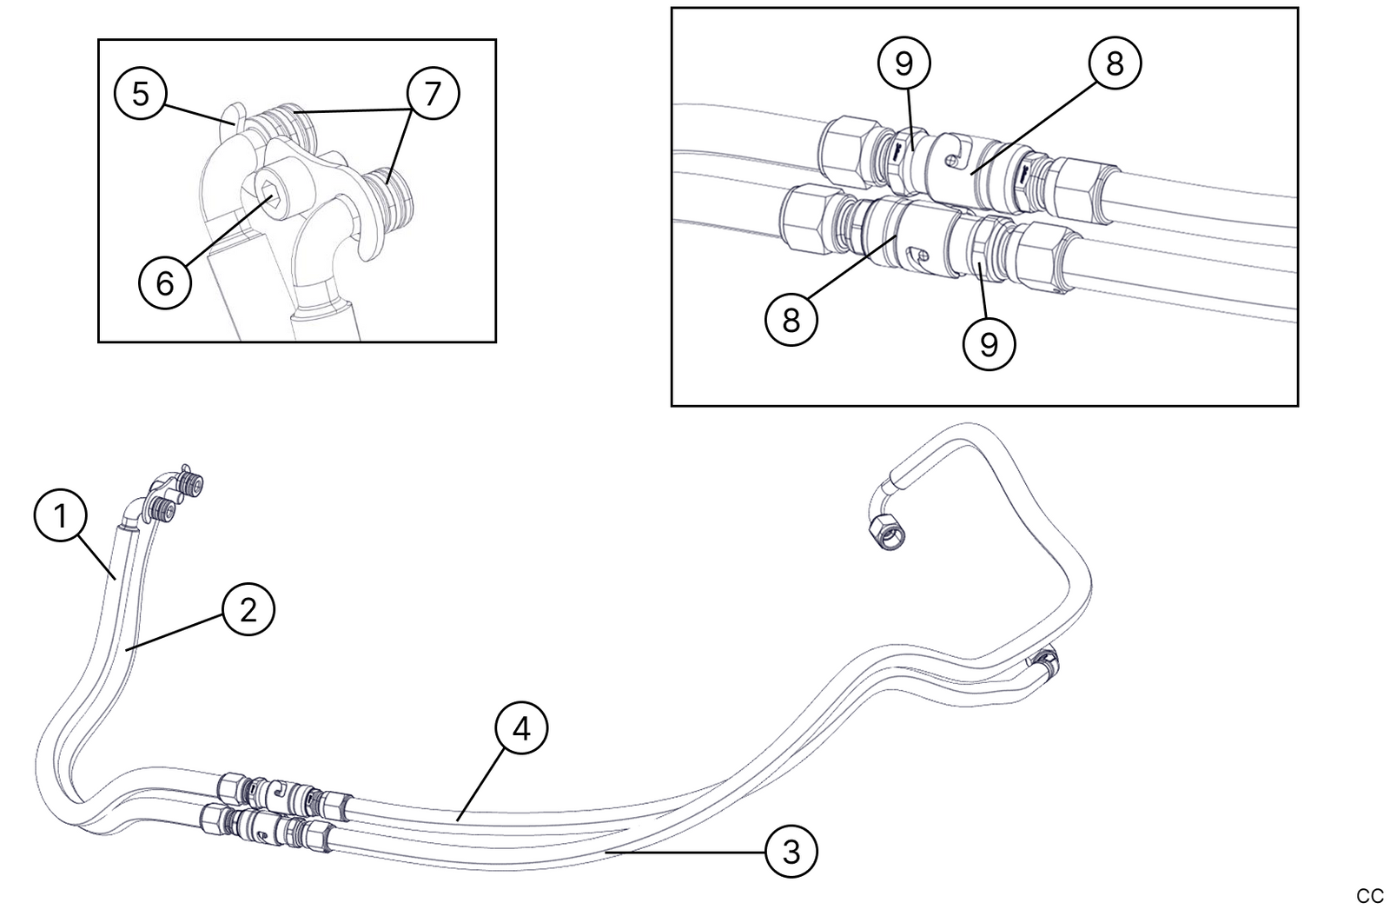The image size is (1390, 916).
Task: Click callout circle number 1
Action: [60, 516]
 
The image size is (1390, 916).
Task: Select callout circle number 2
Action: [248, 610]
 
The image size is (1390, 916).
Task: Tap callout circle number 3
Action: [791, 852]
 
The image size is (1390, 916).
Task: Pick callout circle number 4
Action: [521, 728]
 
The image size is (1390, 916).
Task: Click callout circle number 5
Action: [141, 93]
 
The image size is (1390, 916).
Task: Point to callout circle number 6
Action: [165, 282]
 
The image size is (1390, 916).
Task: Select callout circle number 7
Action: [433, 93]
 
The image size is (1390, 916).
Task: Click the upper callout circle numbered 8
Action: [1115, 63]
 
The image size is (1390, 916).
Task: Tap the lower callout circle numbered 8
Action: [791, 320]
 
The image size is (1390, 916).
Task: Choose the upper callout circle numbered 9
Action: [903, 63]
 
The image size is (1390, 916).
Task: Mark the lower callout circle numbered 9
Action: [989, 344]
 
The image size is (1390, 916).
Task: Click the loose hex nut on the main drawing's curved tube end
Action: [887, 531]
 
